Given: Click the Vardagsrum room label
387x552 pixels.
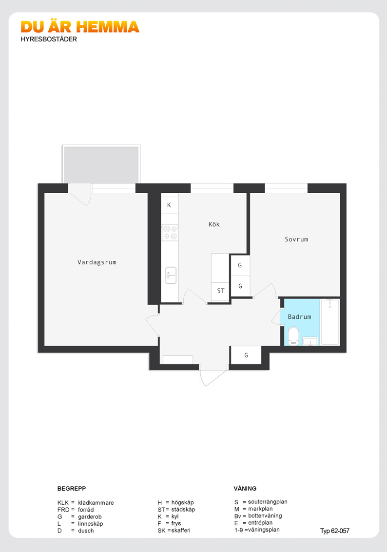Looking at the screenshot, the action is tap(97, 262).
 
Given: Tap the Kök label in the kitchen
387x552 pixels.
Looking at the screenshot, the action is tap(214, 224).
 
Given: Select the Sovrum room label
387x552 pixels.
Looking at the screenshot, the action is tap(296, 239).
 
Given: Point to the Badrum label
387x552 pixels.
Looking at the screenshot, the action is tap(300, 317).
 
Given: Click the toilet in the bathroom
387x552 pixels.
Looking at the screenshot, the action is tap(293, 336).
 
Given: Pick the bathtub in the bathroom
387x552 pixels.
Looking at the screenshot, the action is tap(330, 322).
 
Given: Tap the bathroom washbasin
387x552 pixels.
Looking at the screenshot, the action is tap(310, 342).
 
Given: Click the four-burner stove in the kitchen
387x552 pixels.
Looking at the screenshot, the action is tap(170, 233).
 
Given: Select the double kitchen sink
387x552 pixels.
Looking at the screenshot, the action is tap(171, 276).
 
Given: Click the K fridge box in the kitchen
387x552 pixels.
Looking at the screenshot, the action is tap(170, 205).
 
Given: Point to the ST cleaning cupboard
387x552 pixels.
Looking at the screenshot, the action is tap(220, 291).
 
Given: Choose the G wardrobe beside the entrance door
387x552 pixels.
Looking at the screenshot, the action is tap(246, 355).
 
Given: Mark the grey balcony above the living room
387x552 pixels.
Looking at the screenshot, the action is tap(101, 165).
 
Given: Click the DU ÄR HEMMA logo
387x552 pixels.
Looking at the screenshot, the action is tap(80, 27).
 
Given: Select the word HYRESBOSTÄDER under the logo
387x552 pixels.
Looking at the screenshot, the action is tap(49, 39).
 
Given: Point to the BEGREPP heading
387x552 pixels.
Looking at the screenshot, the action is tap(72, 489).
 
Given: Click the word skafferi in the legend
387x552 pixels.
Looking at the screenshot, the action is tap(181, 531).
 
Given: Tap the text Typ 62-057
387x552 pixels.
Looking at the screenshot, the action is tap(334, 531).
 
